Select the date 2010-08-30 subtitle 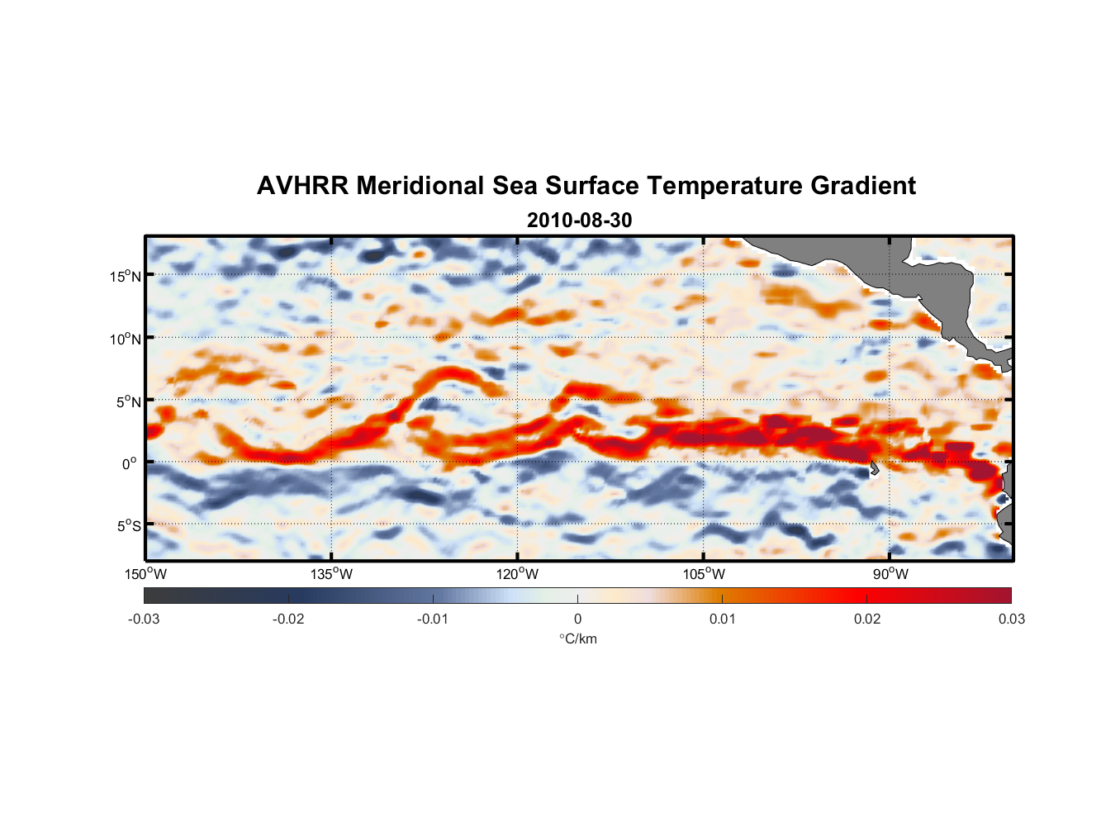pyautogui.click(x=579, y=221)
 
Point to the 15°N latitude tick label pyautogui.click(x=126, y=276)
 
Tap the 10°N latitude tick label pyautogui.click(x=126, y=339)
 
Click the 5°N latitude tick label pyautogui.click(x=128, y=401)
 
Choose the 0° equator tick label pyautogui.click(x=130, y=463)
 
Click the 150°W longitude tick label pyautogui.click(x=146, y=574)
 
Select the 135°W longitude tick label pyautogui.click(x=332, y=574)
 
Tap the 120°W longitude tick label pyautogui.click(x=518, y=574)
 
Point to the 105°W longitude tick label pyautogui.click(x=704, y=574)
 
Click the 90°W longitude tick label pyautogui.click(x=890, y=574)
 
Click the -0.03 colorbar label pyautogui.click(x=144, y=619)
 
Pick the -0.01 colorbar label pyautogui.click(x=433, y=619)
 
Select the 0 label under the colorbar pyautogui.click(x=577, y=619)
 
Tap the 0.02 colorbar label pyautogui.click(x=867, y=619)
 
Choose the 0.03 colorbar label pyautogui.click(x=1011, y=619)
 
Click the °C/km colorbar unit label pyautogui.click(x=577, y=638)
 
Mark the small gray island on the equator pyautogui.click(x=873, y=469)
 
